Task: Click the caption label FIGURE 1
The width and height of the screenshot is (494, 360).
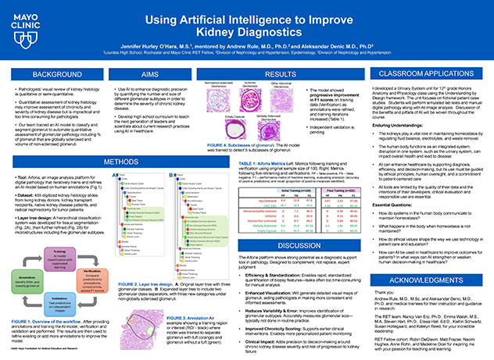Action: tap(21, 323)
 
